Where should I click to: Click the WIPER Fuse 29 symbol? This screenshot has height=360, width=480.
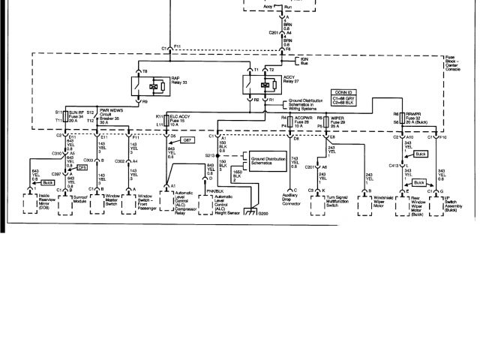click(x=325, y=120)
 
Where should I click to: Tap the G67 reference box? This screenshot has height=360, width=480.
click(x=189, y=141)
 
